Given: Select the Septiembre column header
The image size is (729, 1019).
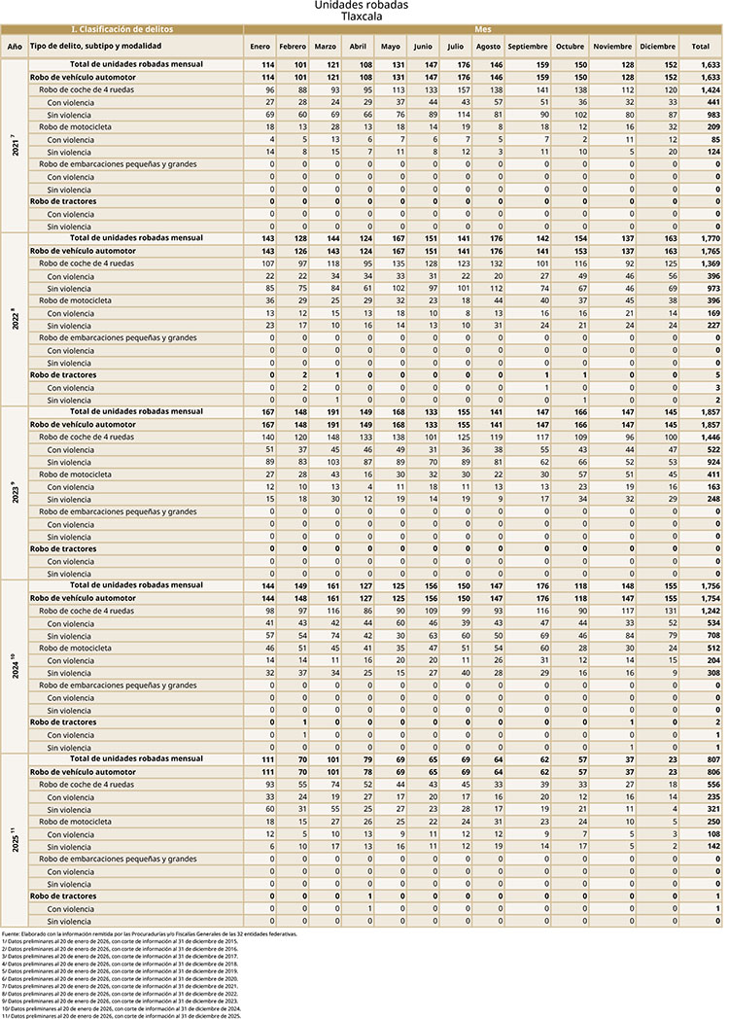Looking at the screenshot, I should pos(527,47).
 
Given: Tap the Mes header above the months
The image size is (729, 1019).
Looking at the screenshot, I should pos(482,31).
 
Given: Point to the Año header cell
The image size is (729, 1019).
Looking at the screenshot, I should pos(14,47).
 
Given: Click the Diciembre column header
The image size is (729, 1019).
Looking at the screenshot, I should pos(658,47).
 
